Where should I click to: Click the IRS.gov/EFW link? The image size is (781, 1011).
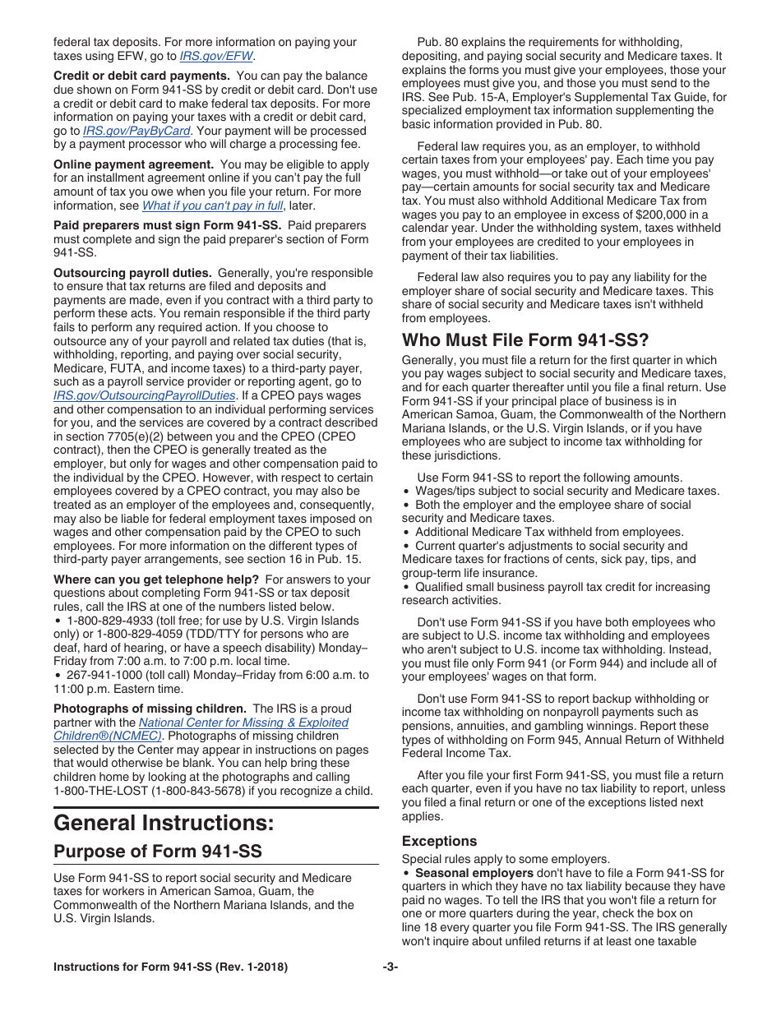(216, 56)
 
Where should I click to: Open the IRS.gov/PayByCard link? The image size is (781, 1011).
(136, 130)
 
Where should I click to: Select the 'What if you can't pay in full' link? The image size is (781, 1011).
(212, 205)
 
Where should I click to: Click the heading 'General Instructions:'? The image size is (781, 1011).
(164, 823)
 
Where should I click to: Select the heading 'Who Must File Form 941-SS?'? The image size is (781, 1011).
(525, 339)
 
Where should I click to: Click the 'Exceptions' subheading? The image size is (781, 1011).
(439, 841)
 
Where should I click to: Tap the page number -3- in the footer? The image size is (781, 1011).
(390, 967)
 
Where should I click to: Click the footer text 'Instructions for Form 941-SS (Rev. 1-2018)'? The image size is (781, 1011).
(170, 967)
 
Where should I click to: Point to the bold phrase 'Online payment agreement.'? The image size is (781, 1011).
(133, 164)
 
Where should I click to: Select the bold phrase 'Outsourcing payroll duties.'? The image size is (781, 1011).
(132, 273)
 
